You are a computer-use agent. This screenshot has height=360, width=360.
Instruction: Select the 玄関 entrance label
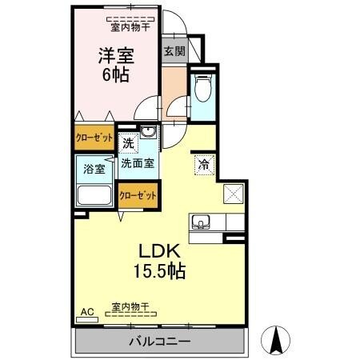(174, 52)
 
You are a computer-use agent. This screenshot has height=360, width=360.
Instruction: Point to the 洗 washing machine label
(129, 145)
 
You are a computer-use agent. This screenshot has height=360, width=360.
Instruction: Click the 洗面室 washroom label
(138, 163)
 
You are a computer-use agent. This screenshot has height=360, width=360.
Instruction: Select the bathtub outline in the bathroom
(94, 197)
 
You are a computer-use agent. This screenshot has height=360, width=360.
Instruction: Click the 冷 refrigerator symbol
(203, 165)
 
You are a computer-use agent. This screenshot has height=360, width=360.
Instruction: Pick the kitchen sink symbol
(201, 222)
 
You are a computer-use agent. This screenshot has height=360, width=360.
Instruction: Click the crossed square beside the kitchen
(233, 193)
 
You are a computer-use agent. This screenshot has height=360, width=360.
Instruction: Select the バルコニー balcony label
(160, 342)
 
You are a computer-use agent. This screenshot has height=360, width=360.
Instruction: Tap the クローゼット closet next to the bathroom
(137, 194)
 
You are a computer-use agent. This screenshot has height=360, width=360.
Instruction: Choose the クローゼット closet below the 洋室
(94, 136)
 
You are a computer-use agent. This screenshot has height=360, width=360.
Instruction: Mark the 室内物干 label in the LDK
(131, 306)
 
